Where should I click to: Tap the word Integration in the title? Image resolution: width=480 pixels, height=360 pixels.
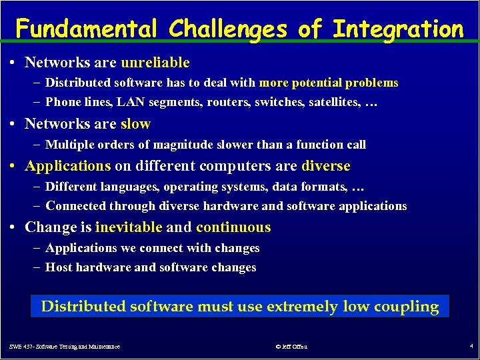[x=397, y=29]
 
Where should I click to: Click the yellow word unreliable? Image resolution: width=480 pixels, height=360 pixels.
[x=155, y=63]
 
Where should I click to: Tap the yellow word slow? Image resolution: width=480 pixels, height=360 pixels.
[x=135, y=124]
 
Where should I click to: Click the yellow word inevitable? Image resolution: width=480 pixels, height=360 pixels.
[x=129, y=227]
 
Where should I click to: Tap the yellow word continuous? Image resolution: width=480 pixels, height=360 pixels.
[x=233, y=227]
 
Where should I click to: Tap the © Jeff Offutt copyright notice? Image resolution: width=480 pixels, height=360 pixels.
[x=291, y=347]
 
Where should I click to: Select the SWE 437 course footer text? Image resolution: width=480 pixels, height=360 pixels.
[x=65, y=347]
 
